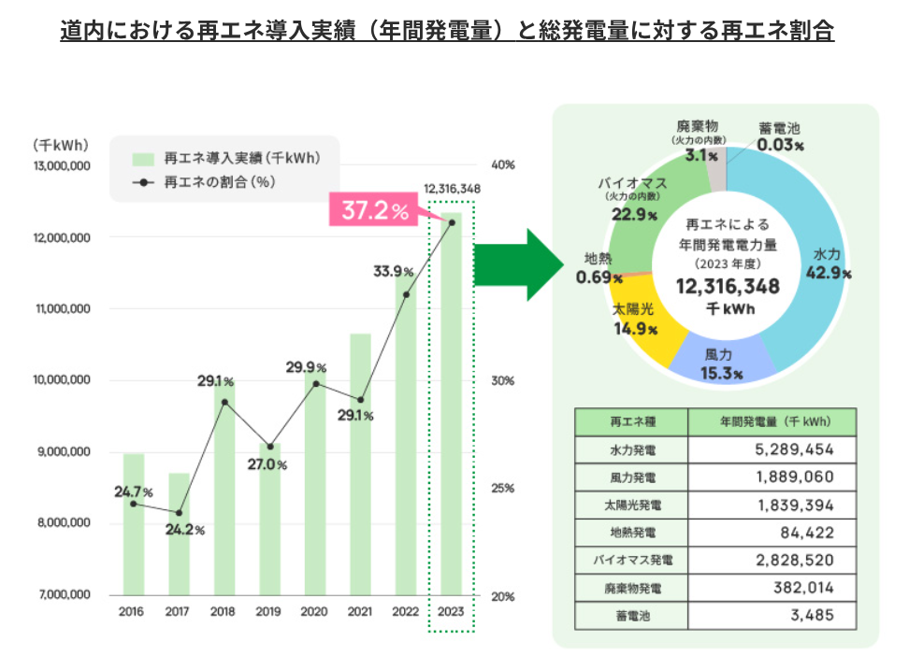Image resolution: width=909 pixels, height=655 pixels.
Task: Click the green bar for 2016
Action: point(134,523)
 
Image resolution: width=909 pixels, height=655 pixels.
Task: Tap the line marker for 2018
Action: point(224,402)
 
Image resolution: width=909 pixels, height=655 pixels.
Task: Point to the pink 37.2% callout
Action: point(375,211)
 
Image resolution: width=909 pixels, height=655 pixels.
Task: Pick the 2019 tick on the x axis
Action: point(269,612)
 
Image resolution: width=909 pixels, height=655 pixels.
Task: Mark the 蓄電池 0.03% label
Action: point(780,136)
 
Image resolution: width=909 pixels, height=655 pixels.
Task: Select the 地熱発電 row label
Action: point(631,533)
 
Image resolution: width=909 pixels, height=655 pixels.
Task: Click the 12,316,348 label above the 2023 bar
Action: point(452,189)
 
